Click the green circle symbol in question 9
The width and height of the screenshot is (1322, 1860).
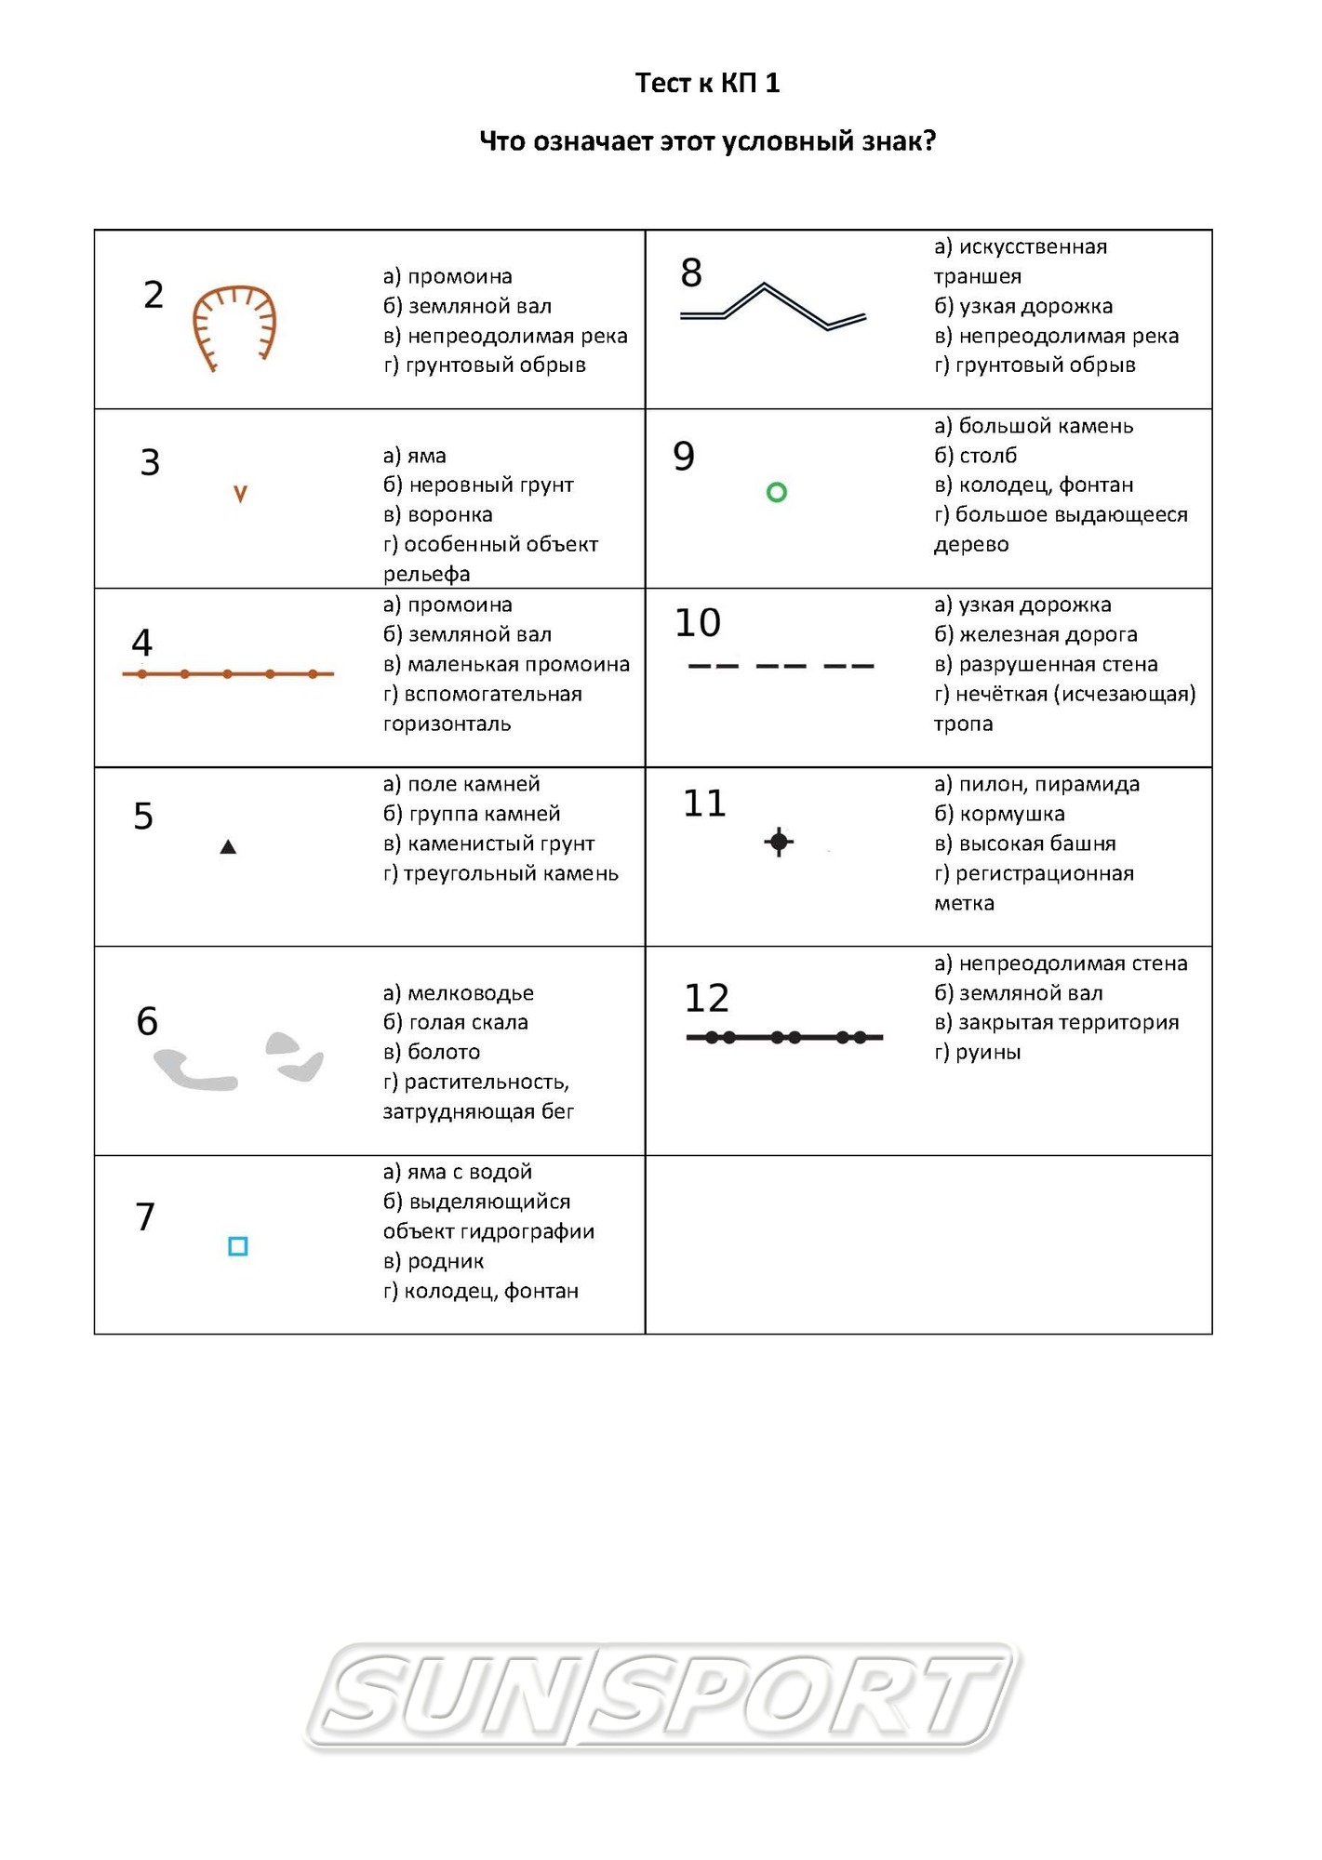click(x=776, y=492)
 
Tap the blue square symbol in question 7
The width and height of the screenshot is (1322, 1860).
click(x=238, y=1246)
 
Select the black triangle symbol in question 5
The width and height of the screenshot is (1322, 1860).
click(x=228, y=846)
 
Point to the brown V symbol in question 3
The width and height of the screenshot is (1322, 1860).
click(x=240, y=494)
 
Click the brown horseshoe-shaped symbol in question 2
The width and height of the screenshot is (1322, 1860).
click(x=234, y=326)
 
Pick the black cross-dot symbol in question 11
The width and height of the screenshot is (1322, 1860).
click(x=779, y=842)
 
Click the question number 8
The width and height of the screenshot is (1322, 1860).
click(x=691, y=272)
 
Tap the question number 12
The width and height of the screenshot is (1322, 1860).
click(x=706, y=998)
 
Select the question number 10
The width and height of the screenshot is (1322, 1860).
click(x=698, y=622)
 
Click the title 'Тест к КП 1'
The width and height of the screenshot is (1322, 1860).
click(x=707, y=83)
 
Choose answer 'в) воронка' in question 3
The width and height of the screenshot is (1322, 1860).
click(x=437, y=514)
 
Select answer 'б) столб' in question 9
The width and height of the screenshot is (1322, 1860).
click(x=975, y=455)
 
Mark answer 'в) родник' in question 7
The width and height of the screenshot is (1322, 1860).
click(x=434, y=1261)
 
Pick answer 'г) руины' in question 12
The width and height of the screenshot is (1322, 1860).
click(x=977, y=1052)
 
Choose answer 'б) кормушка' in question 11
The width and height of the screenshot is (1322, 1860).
click(x=999, y=814)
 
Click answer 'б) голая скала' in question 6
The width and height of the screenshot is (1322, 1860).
click(x=455, y=1022)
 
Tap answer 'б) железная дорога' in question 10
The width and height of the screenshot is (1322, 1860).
click(x=1035, y=634)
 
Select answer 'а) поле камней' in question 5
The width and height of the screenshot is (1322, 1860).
click(x=461, y=784)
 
